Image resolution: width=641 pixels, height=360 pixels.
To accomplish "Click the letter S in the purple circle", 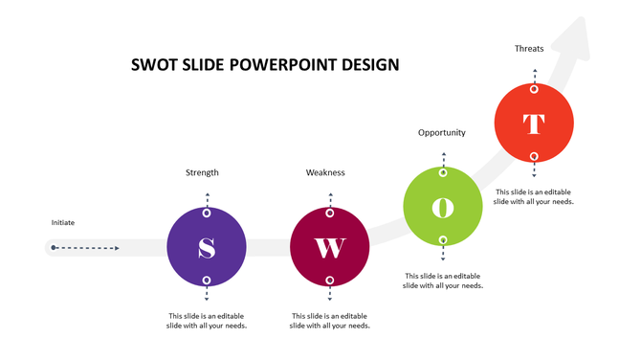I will coord(207,248).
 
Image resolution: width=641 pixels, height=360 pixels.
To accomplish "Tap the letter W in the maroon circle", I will coord(330,248).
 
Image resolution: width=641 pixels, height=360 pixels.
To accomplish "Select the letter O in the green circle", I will coord(443,207).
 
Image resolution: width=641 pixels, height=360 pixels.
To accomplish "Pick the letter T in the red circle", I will coord(534,124).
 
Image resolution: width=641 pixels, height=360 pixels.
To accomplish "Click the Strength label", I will coord(202,172).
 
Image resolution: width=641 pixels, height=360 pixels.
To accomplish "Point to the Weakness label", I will coord(325,172).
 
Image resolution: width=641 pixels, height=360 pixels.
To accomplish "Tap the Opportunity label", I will coord(442,132).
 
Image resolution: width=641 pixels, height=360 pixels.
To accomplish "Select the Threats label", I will coord(529,48).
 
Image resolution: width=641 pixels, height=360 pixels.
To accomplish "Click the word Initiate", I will coord(63,223).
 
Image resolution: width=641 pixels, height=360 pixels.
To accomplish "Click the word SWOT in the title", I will coord(154,65).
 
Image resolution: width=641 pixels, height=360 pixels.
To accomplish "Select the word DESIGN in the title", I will coord(369,65).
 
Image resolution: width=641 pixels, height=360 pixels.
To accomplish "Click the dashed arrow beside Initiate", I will coord(86,248).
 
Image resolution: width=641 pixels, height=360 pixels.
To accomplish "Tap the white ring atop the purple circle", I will coord(207,213).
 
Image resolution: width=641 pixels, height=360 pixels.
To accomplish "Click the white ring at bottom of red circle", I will coord(534,156).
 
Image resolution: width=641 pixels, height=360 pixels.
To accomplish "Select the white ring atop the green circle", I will coord(443,173).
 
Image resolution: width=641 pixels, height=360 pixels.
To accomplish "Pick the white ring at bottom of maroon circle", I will coord(330,281).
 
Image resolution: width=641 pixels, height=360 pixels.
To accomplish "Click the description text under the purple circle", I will coord(207,321).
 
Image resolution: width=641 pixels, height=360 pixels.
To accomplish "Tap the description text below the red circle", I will coord(534,196).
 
